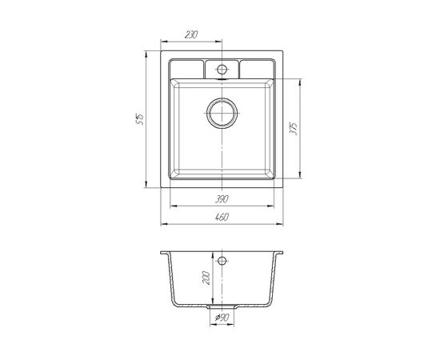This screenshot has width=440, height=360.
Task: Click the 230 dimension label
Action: coord(191,34)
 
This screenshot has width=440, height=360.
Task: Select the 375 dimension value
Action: coord(294,129)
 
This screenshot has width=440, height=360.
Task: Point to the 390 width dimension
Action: coord(222,199)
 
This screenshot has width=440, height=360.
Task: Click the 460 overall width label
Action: coord(222,217)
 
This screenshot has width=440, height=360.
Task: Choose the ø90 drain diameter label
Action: coord(222,318)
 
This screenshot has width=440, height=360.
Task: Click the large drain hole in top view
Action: coord(222,113)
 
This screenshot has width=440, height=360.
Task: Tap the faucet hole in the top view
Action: coord(222,69)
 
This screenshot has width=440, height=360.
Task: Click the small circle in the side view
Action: coord(222,261)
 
